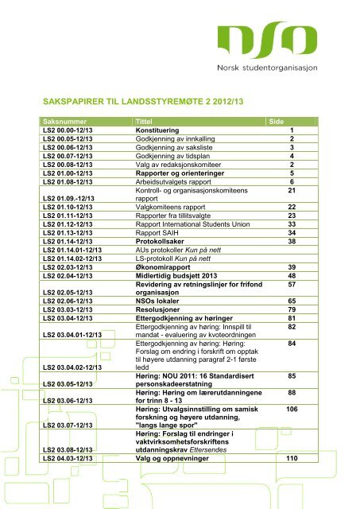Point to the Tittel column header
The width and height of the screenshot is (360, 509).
(x=148, y=120)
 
